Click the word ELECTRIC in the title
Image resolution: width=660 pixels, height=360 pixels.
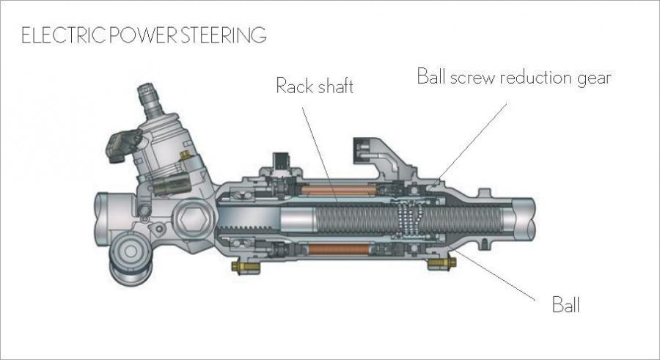[63, 35]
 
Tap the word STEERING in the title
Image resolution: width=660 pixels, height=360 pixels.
[224, 35]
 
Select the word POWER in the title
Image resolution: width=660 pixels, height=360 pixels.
[143, 35]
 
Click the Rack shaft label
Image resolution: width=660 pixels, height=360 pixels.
[315, 87]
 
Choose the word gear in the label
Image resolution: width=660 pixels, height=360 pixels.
[594, 78]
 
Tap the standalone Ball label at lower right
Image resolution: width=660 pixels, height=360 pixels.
[565, 304]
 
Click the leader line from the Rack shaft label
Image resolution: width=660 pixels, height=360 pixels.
[320, 155]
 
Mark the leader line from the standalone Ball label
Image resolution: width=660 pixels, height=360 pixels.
[494, 275]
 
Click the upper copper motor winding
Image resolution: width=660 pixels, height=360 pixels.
[339, 191]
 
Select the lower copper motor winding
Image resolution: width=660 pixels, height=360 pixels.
[340, 249]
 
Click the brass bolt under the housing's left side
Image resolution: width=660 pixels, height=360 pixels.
[245, 267]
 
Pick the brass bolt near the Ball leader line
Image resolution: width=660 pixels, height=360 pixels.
[441, 263]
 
